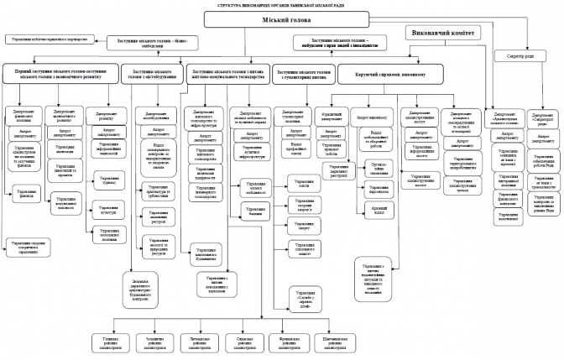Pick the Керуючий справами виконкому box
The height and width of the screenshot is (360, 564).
pyautogui.click(x=392, y=76)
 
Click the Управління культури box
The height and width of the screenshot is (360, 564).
pyautogui.click(x=111, y=202)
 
